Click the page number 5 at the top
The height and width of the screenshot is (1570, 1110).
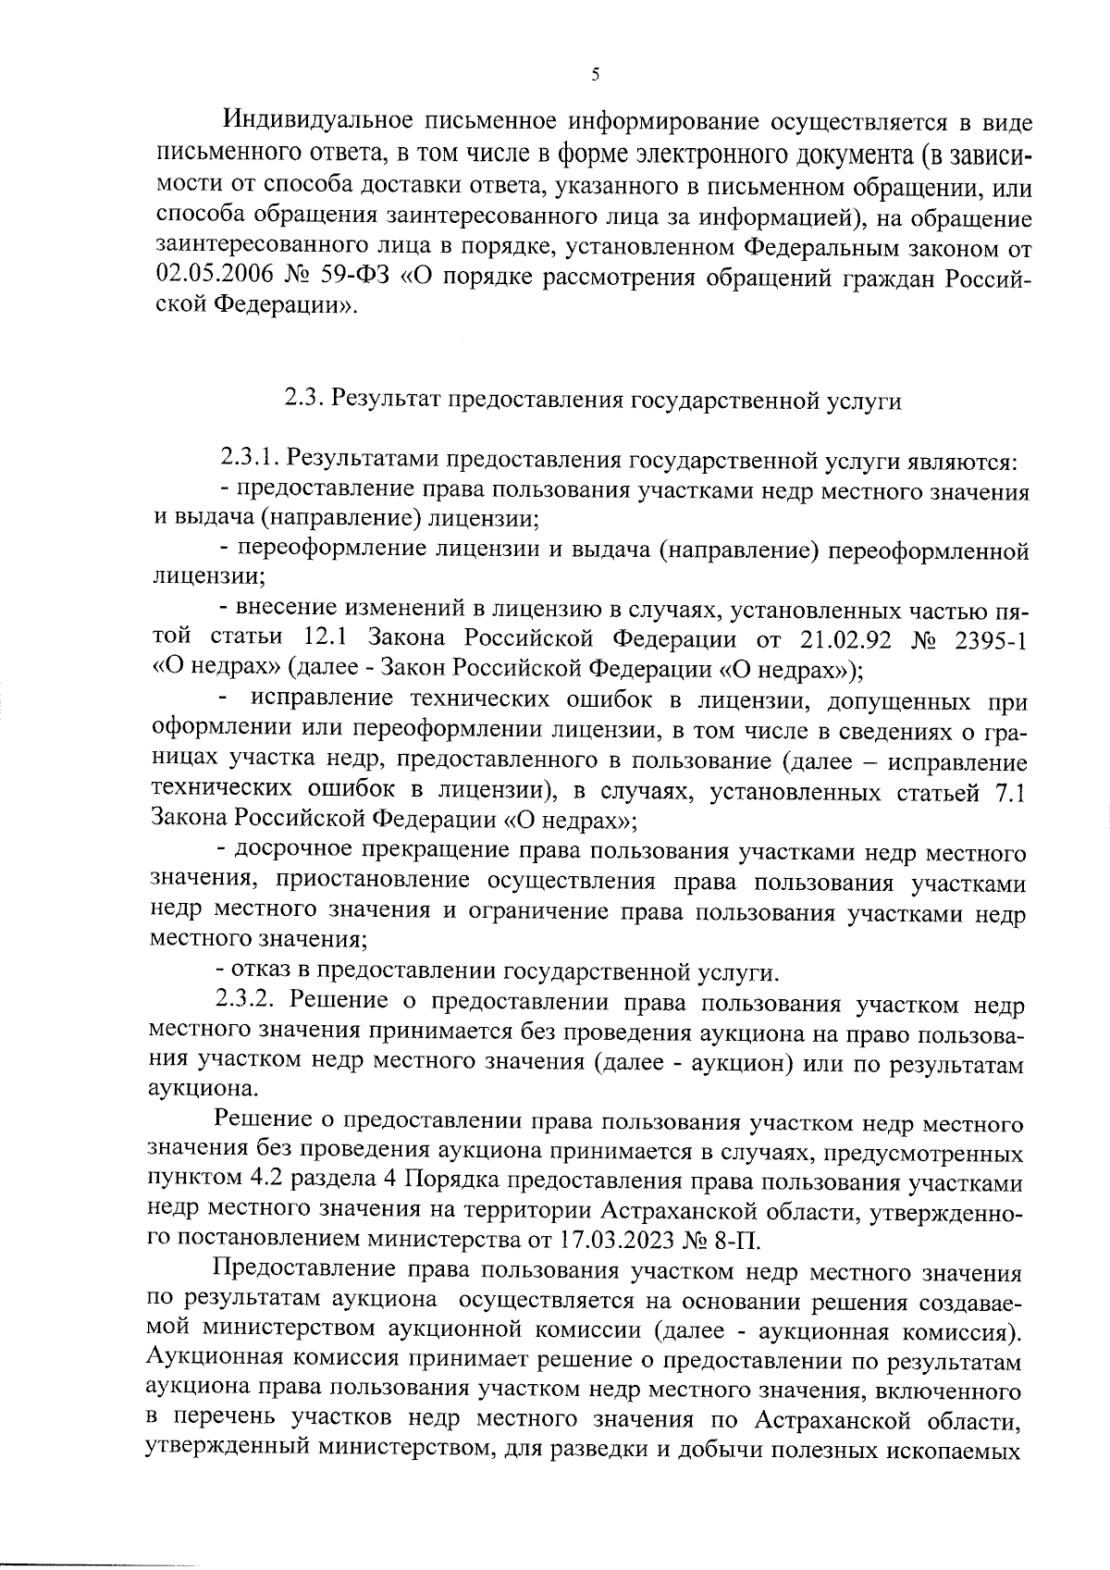(595, 75)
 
